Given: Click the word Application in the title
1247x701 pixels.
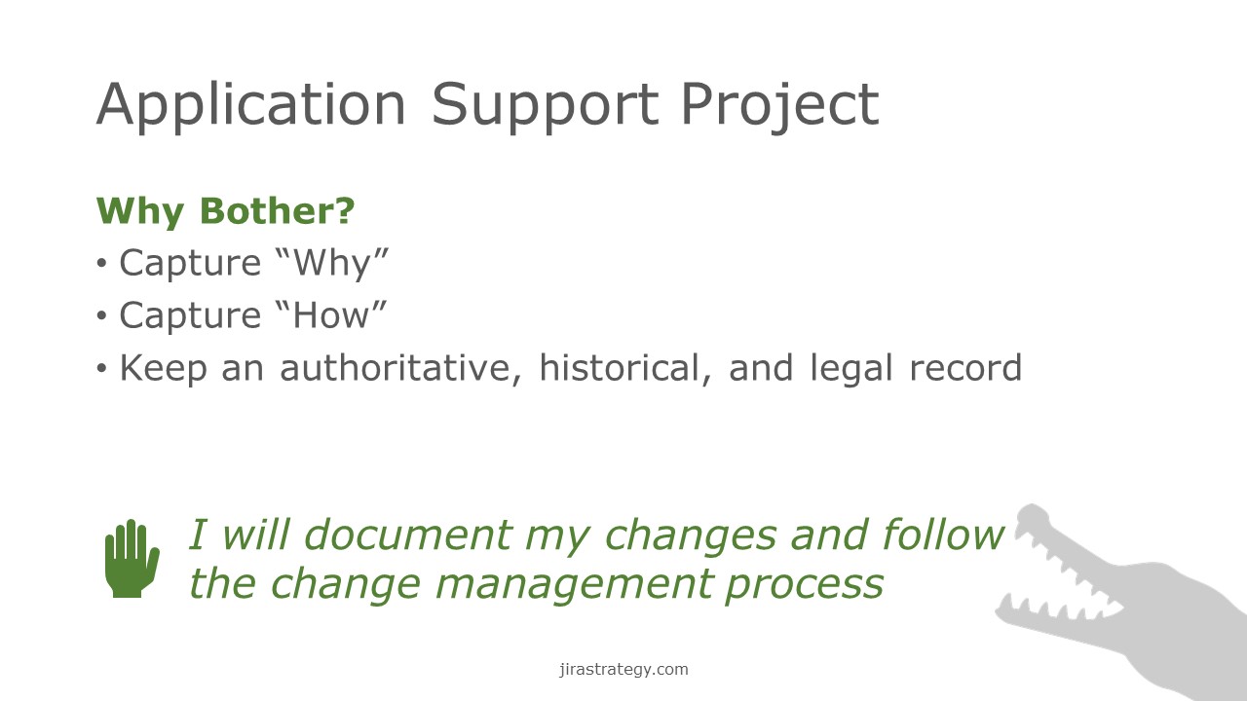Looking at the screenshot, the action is [251, 106].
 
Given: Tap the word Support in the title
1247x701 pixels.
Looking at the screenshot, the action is [545, 106].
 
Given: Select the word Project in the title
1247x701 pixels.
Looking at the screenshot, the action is [780, 106].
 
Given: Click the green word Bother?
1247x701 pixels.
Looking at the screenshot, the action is [277, 211].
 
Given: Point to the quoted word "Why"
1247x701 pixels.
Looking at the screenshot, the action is [332, 264].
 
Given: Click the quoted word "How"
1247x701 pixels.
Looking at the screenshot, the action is [330, 315].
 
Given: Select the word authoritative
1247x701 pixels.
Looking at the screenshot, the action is [400, 368].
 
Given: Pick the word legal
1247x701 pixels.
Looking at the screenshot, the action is [851, 369].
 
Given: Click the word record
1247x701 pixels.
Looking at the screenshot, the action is [965, 368].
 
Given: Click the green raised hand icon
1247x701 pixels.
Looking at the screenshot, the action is [132, 559].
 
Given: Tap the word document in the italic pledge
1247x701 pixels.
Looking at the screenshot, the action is [407, 535].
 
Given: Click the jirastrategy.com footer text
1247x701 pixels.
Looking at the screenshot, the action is [623, 669].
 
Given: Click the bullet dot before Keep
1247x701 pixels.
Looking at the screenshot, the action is [101, 368].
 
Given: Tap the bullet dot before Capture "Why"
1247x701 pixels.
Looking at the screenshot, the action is [101, 263].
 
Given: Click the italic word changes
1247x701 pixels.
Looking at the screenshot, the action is [691, 535].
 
